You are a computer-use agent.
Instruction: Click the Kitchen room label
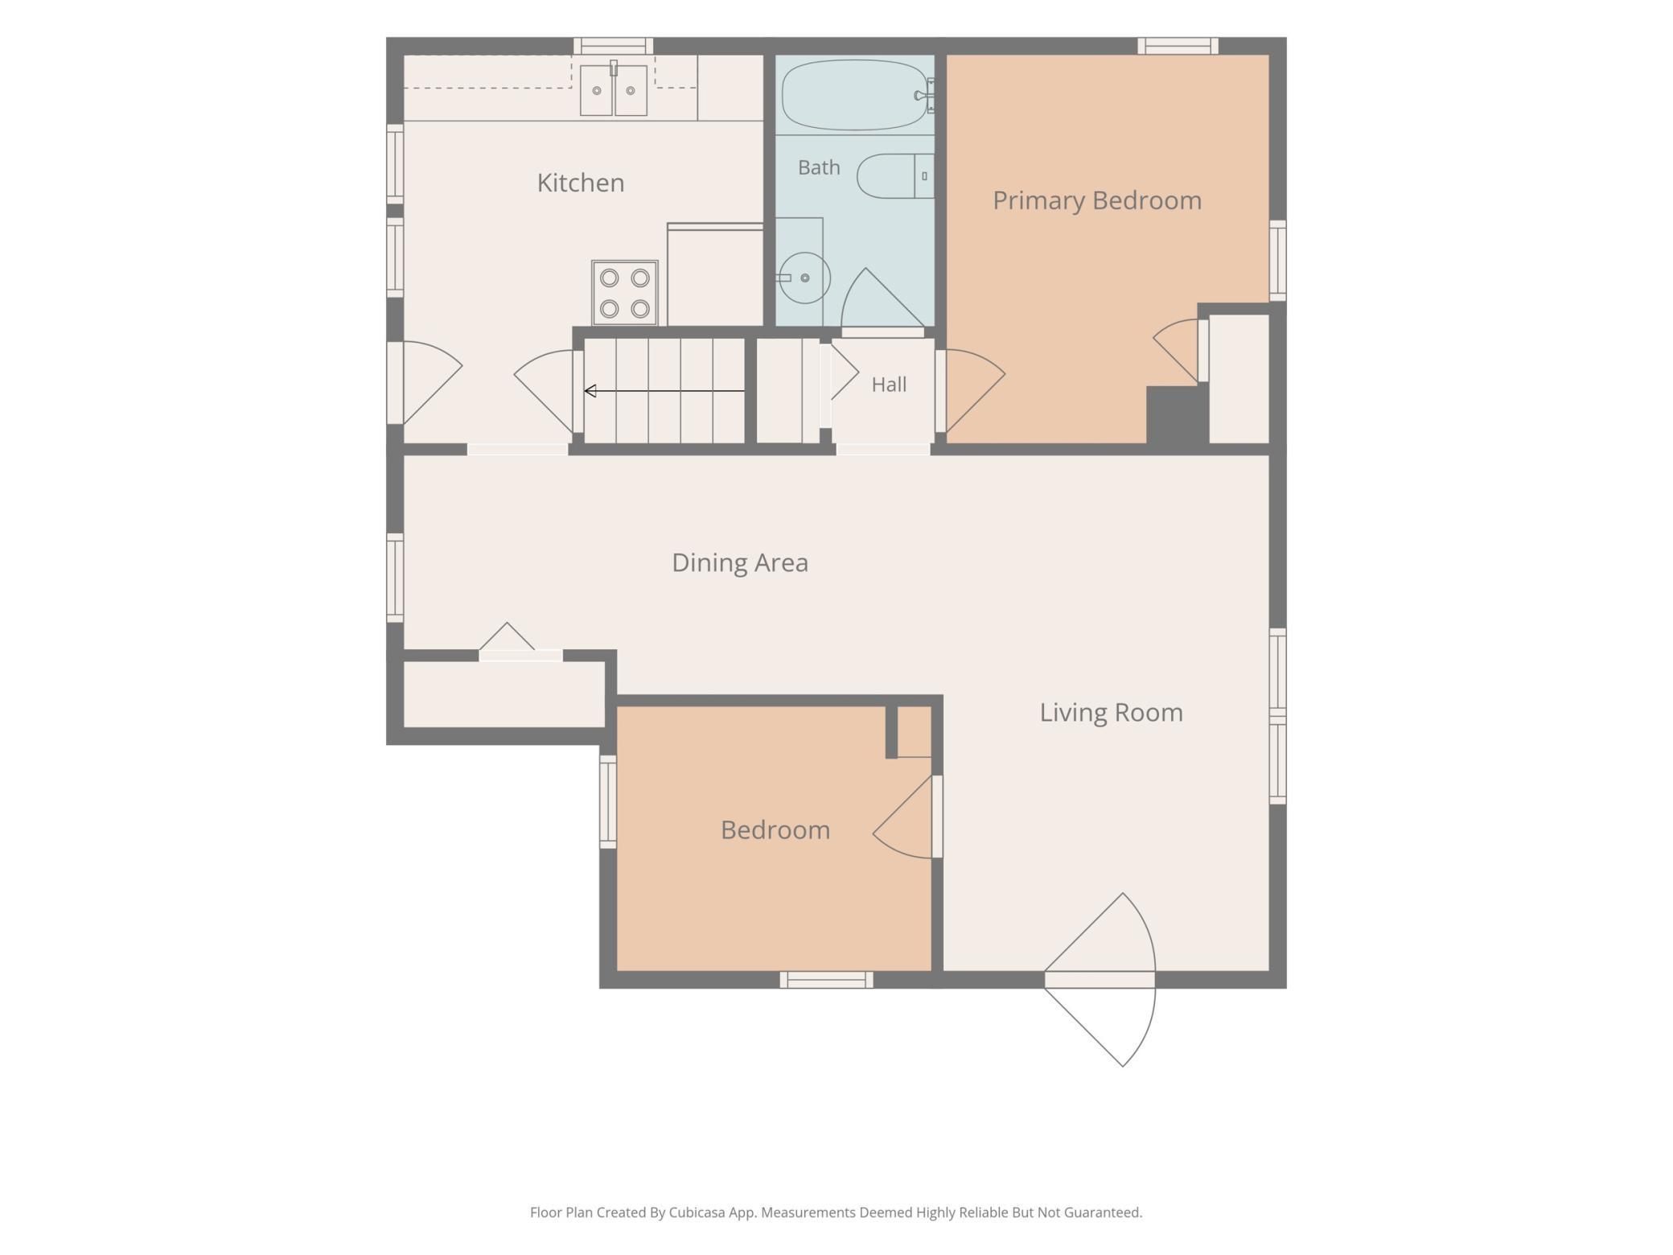581,183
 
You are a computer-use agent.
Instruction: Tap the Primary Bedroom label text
1097,200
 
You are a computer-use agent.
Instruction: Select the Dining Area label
740,562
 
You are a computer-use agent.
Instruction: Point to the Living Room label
1111,712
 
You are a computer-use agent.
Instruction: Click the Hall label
889,385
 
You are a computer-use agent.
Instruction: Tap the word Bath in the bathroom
819,167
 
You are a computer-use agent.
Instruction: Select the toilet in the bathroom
895,176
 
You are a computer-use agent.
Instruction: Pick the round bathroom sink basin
805,278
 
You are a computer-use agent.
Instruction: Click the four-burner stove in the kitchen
625,293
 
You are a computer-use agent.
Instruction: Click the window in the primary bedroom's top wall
1178,46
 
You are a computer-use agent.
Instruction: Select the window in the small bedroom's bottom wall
826,980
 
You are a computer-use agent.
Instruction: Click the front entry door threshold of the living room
1100,980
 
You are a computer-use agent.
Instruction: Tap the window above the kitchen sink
613,46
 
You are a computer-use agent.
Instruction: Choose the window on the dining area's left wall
395,578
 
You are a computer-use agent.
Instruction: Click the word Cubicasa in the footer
697,1212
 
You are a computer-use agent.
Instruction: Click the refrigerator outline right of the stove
715,275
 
